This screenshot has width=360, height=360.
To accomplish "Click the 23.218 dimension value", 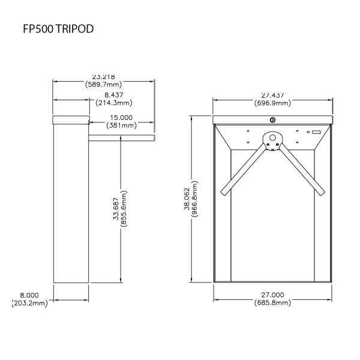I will point(104,77).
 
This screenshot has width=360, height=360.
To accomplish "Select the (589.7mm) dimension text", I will point(104,85).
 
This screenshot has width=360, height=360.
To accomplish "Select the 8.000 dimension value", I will point(29,295).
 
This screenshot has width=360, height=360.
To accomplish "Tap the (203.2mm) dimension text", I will point(29,304).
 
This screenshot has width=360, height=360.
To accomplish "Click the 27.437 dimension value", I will point(272,95).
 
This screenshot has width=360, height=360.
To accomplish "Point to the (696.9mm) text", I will point(272,103).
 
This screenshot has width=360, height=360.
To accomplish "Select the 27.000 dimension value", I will point(272,295).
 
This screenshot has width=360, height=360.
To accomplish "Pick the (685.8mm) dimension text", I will point(272,303).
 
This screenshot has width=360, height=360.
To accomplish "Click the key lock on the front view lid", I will point(272,120).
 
